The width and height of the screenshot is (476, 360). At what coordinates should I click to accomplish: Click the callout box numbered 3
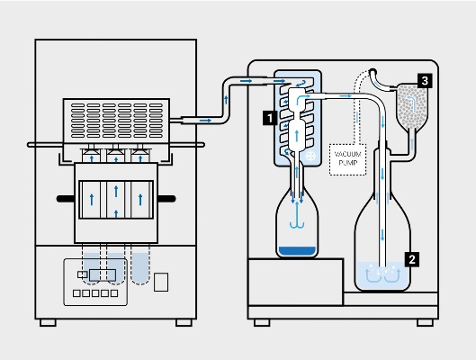pyautogui.click(x=423, y=80)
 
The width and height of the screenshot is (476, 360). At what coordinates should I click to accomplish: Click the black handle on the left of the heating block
pyautogui.click(x=66, y=195)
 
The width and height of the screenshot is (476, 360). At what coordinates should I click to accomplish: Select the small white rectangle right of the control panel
pyautogui.click(x=160, y=282)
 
